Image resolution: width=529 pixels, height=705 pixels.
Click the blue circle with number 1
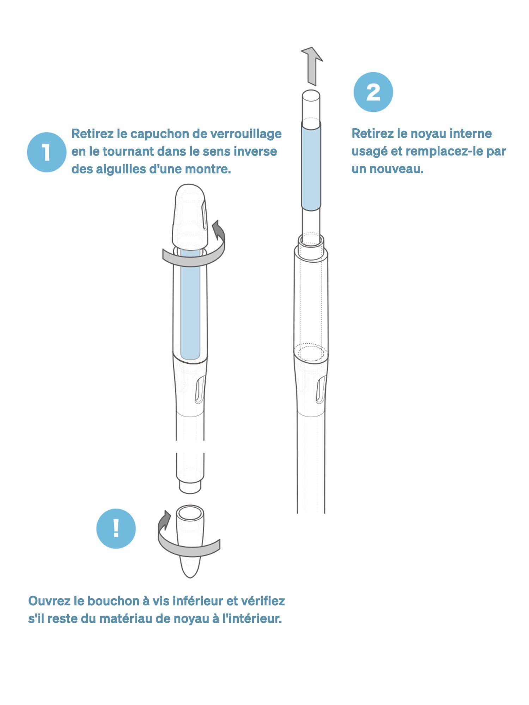47,152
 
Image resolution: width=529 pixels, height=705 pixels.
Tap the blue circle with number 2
373,92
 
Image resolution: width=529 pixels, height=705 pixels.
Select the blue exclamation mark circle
116,529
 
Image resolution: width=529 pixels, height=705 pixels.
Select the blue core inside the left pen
190,305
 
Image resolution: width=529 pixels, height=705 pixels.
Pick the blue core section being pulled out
311,166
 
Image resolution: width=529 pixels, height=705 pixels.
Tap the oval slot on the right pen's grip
321,390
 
